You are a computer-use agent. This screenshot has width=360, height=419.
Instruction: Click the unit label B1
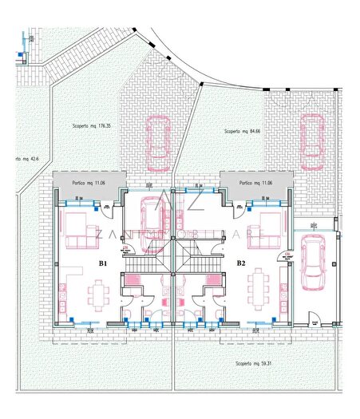[x=103, y=263]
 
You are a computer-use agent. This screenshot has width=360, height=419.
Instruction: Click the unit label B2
[x=240, y=263]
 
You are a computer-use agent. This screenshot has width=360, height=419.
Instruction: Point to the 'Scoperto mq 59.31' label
[x=255, y=364]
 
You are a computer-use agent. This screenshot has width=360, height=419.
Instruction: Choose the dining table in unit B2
[x=259, y=291]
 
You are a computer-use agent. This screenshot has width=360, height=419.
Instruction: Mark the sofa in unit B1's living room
[x=78, y=229]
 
